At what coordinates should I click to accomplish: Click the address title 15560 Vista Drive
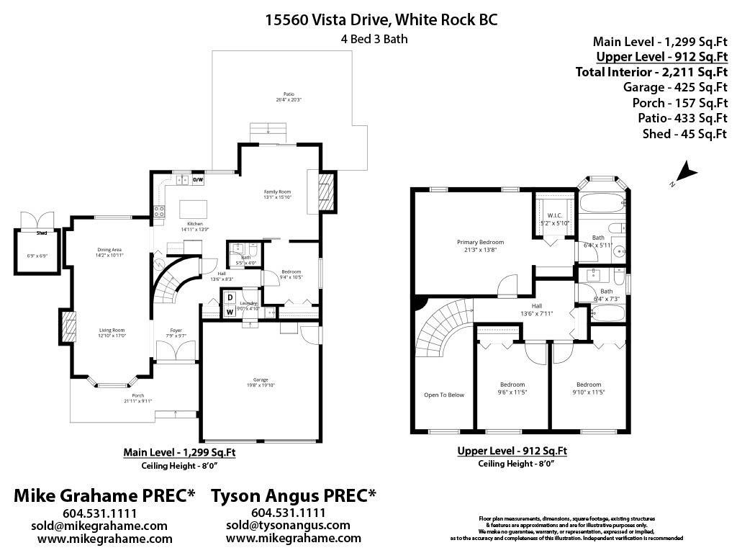click(x=381, y=19)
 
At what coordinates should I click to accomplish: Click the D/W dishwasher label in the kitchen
click(x=198, y=180)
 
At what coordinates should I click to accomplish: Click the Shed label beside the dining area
click(x=42, y=233)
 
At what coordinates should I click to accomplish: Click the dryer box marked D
click(x=230, y=297)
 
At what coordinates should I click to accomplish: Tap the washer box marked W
click(x=230, y=312)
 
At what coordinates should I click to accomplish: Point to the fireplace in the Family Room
click(x=326, y=191)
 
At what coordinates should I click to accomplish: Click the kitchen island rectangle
click(x=194, y=210)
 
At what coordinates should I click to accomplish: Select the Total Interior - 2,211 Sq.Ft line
click(x=651, y=71)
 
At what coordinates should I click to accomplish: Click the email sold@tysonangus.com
click(x=288, y=526)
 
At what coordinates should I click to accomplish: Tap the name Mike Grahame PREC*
click(x=105, y=495)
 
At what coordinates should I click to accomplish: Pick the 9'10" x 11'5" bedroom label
click(x=588, y=389)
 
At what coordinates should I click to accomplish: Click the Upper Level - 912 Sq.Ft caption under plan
click(x=512, y=451)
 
